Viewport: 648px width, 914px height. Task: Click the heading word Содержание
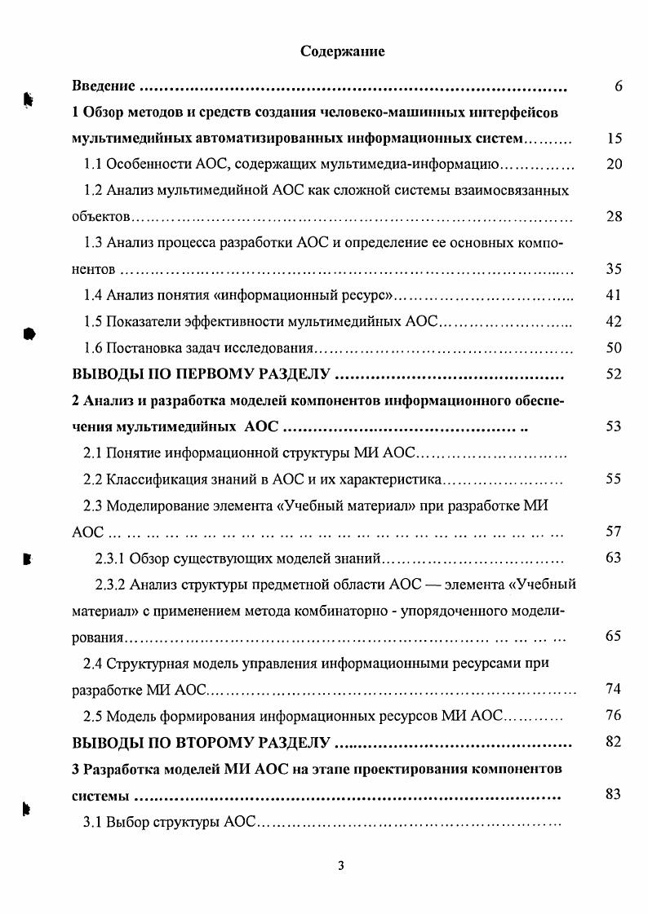[343, 51]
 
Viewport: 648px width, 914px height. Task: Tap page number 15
[615, 139]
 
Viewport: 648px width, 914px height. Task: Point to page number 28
[615, 217]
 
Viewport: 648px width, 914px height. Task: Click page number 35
[615, 269]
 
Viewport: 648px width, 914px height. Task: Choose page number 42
[615, 321]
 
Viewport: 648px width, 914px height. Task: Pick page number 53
[615, 426]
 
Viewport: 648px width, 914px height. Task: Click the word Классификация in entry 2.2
[152, 479]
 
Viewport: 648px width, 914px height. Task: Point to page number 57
[615, 532]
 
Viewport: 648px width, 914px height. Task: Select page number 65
[615, 637]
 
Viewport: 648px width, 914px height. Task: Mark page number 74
[615, 690]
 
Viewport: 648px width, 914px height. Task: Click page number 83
[615, 795]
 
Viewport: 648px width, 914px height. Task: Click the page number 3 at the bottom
[342, 866]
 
